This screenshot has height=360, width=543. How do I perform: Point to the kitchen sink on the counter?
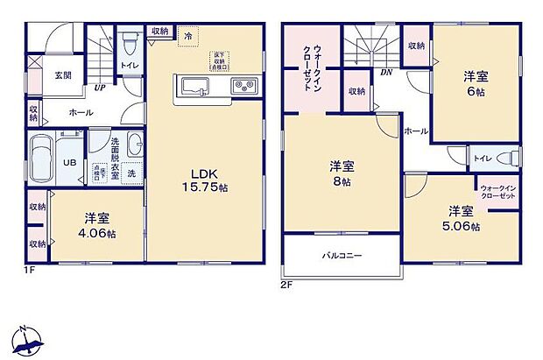(x=194, y=86)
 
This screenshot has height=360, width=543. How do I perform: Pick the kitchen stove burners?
(x=243, y=86)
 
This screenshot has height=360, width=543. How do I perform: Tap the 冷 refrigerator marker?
(x=187, y=35)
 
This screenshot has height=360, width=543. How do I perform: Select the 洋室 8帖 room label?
(x=342, y=174)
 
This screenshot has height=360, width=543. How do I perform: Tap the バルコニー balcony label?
(x=342, y=255)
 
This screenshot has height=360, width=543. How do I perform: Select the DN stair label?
(x=385, y=74)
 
